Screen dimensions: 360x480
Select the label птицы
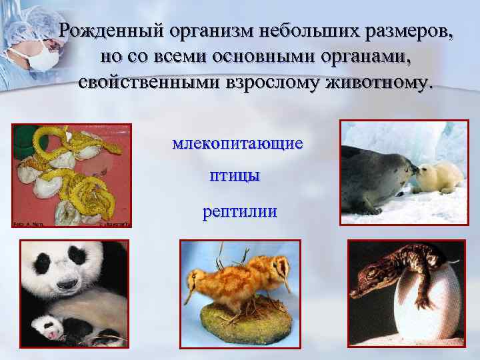coord(235,177)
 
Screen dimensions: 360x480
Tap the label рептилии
coord(239,213)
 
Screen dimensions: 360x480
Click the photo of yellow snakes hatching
coord(72,175)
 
